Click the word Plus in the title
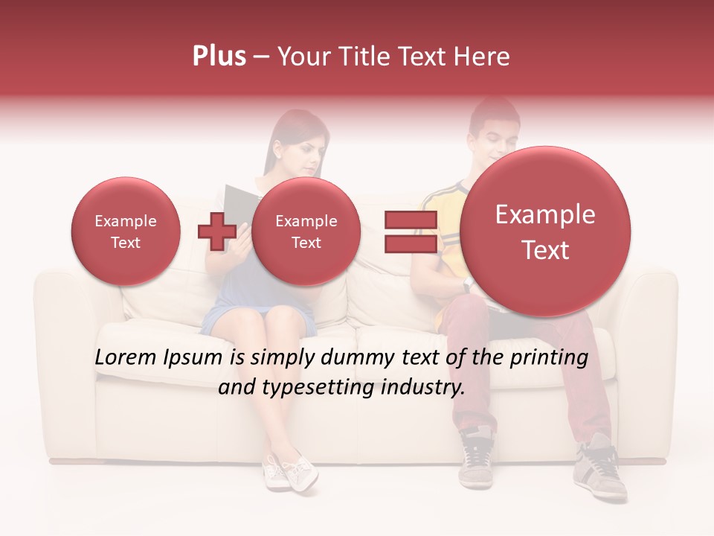[219, 57]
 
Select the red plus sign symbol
[216, 232]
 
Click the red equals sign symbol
[411, 231]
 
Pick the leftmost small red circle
[125, 232]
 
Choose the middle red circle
[306, 232]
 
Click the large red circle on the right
[545, 232]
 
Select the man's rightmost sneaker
[601, 469]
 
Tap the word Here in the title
[485, 57]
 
